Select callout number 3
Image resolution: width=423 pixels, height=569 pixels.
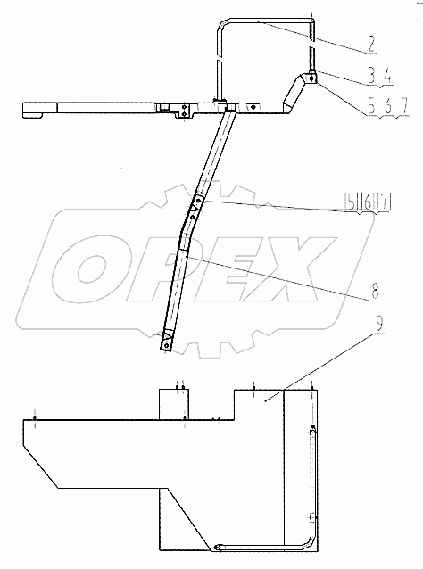(372, 77)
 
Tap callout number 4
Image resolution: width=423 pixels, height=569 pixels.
(386, 77)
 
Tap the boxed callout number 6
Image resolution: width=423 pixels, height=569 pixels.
(367, 203)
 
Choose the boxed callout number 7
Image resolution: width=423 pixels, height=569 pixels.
(383, 203)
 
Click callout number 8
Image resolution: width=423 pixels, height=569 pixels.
(375, 291)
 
